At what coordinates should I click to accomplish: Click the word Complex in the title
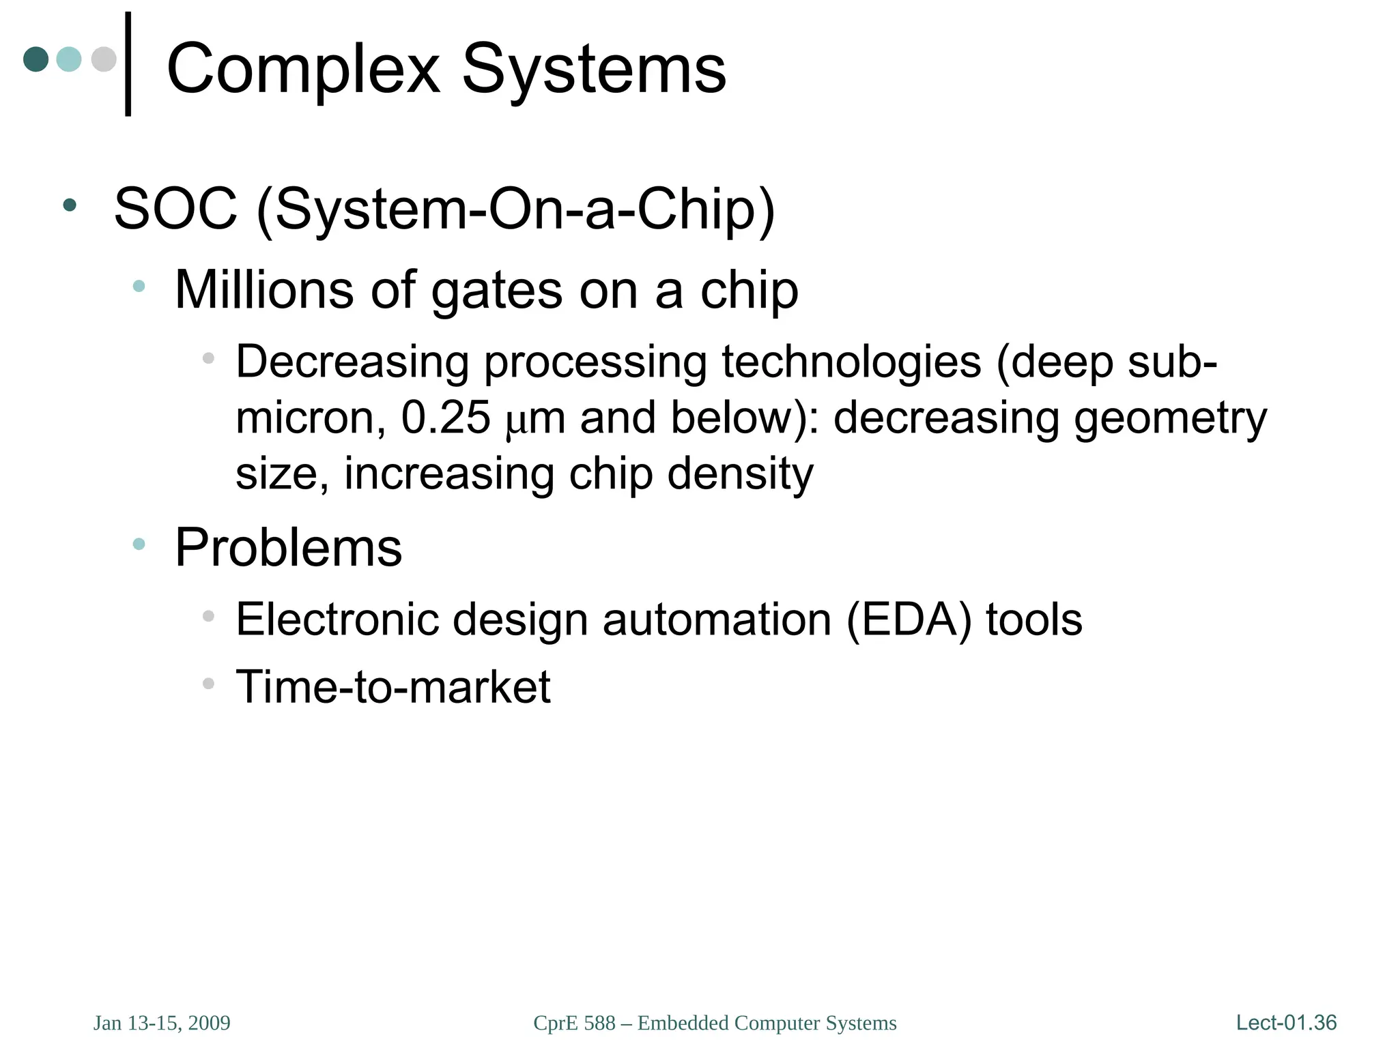tap(303, 70)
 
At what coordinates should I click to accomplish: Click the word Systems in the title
tap(594, 70)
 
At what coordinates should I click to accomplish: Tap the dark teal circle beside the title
tap(36, 59)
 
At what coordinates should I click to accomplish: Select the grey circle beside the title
tap(104, 59)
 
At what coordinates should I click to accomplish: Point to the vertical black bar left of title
tap(128, 64)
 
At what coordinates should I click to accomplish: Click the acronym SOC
tap(175, 209)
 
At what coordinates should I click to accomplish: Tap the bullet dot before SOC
tap(69, 205)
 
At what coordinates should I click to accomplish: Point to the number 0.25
tap(446, 418)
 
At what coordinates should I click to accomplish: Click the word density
tap(740, 474)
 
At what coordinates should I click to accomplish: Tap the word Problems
tap(289, 548)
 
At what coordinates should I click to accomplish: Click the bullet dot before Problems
tap(139, 544)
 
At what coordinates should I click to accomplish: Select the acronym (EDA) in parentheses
tap(909, 620)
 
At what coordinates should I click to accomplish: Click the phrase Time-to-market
tap(393, 686)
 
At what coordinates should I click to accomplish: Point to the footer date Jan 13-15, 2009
tap(162, 1023)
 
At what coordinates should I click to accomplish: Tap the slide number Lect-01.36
tap(1286, 1023)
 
